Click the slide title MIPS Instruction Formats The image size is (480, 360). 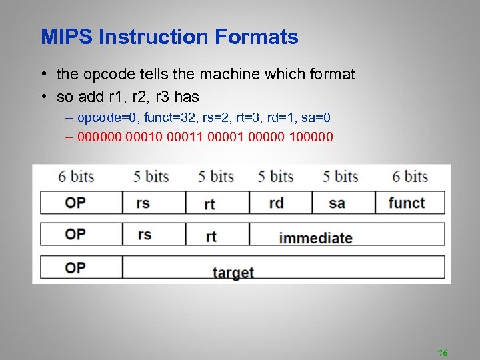point(169,37)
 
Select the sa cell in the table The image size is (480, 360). point(337,203)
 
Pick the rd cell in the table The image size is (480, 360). point(276,203)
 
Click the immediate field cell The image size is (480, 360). point(315,237)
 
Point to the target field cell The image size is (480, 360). point(233,272)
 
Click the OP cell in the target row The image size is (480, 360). point(75,267)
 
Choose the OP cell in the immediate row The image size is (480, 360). point(75,234)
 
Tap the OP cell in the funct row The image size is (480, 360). point(75,202)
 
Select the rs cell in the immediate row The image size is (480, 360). point(143,234)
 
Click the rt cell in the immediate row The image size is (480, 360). point(211,236)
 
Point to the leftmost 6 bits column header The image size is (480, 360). point(76,177)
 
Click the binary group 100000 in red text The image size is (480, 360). point(310,137)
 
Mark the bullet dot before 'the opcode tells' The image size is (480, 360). point(43,75)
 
